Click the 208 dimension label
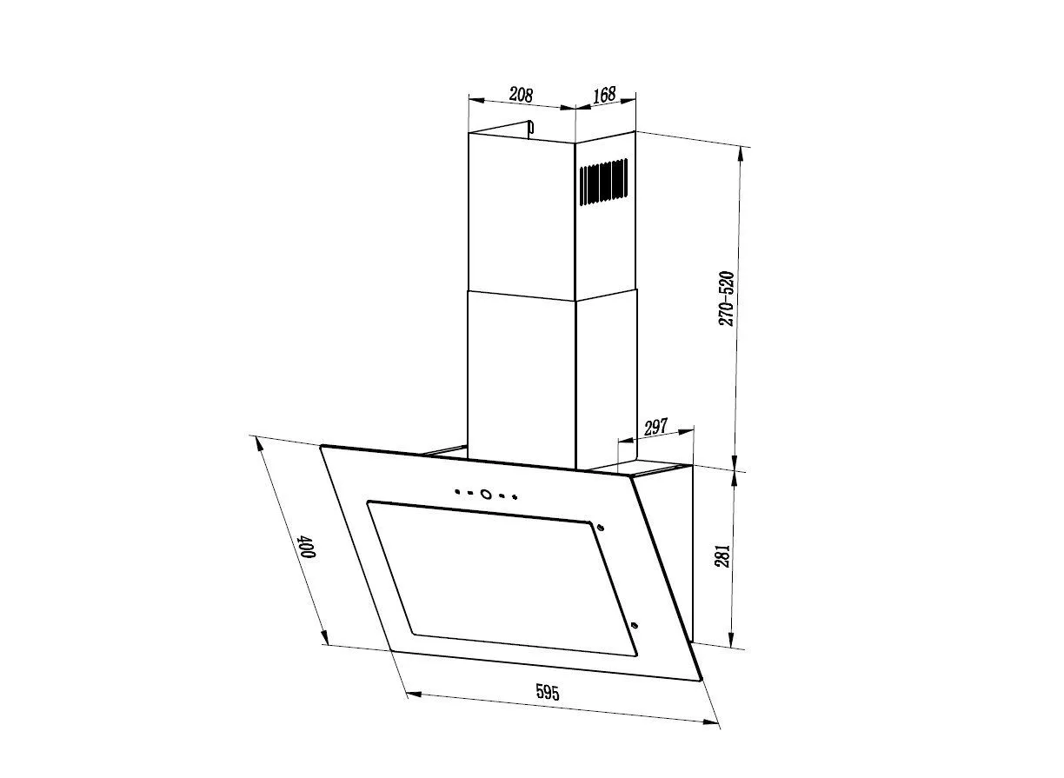coord(521,94)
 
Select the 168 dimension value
coord(605,94)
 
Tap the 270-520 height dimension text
coord(726,299)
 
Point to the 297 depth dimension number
coord(656,428)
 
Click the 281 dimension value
coord(722,555)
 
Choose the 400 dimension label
coord(308,547)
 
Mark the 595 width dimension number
coord(548,692)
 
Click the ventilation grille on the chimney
coord(603,182)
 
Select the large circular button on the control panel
coord(485,494)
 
